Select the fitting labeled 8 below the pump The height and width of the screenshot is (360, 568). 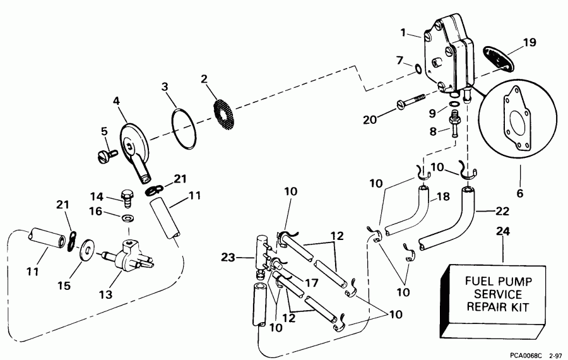point(453,121)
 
